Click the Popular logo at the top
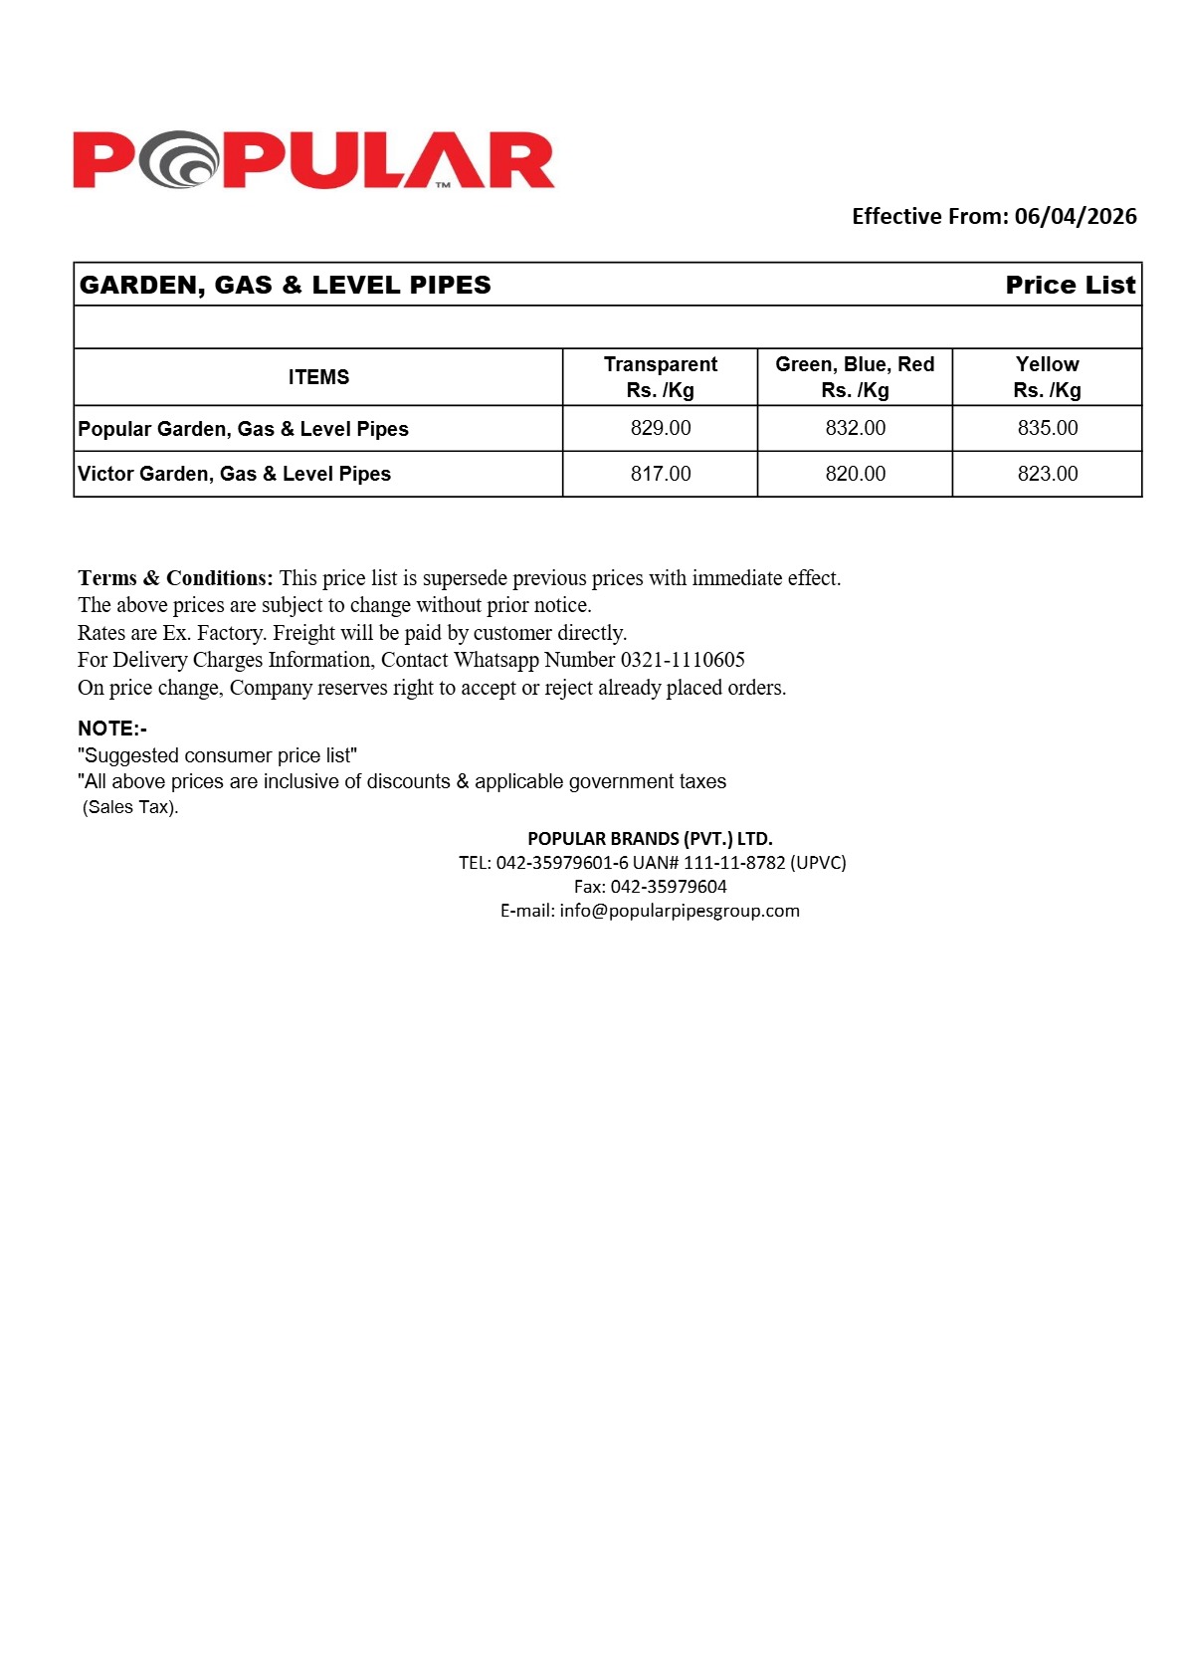pyautogui.click(x=313, y=160)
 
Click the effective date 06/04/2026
pyautogui.click(x=1075, y=217)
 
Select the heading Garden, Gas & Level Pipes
pyautogui.click(x=286, y=286)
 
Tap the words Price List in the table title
pyautogui.click(x=1070, y=286)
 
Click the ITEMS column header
pyautogui.click(x=318, y=377)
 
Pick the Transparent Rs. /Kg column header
pyautogui.click(x=660, y=377)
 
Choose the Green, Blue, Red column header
pyautogui.click(x=855, y=377)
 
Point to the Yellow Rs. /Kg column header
pyautogui.click(x=1047, y=377)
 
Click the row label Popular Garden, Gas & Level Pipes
pyautogui.click(x=244, y=429)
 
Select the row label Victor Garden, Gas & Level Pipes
pyautogui.click(x=235, y=474)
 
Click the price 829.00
pyautogui.click(x=661, y=428)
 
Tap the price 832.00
pyautogui.click(x=855, y=428)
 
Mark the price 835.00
pyautogui.click(x=1047, y=428)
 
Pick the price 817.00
pyautogui.click(x=661, y=474)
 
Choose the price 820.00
pyautogui.click(x=855, y=474)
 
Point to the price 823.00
pyautogui.click(x=1047, y=474)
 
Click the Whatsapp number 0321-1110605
pyautogui.click(x=683, y=660)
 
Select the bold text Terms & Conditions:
pyautogui.click(x=175, y=578)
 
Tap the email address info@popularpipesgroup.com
pyautogui.click(x=680, y=911)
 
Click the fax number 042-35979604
pyautogui.click(x=669, y=887)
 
